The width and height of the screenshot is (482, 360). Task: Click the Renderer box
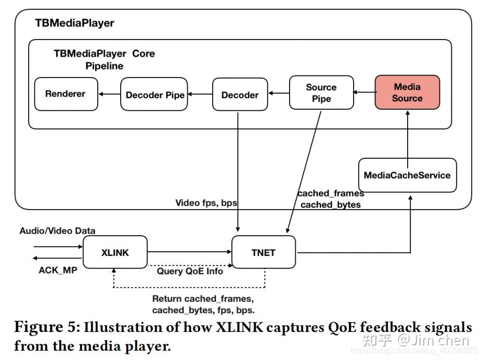click(x=66, y=94)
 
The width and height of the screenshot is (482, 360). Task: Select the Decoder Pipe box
click(x=154, y=95)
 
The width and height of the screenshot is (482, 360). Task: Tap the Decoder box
click(x=240, y=95)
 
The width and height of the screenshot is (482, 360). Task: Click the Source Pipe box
click(x=321, y=93)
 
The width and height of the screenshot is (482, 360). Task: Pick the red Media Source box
click(x=407, y=92)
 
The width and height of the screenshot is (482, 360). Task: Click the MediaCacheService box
click(x=407, y=175)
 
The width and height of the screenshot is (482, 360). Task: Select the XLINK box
click(x=115, y=252)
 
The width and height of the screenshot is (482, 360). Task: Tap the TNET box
click(x=263, y=252)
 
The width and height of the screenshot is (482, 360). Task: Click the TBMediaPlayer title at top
click(x=74, y=23)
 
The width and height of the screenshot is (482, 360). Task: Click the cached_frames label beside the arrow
click(x=331, y=194)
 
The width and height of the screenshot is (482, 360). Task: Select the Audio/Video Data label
click(x=57, y=230)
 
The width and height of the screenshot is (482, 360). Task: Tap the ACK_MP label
click(x=58, y=270)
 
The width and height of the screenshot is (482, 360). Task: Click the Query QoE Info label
click(x=190, y=271)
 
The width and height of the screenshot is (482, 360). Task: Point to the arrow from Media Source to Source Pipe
click(x=364, y=93)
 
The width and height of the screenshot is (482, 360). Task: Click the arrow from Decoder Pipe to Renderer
click(x=109, y=94)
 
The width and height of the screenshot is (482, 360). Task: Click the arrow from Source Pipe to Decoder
click(x=278, y=94)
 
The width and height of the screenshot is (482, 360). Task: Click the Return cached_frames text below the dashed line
click(x=203, y=299)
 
